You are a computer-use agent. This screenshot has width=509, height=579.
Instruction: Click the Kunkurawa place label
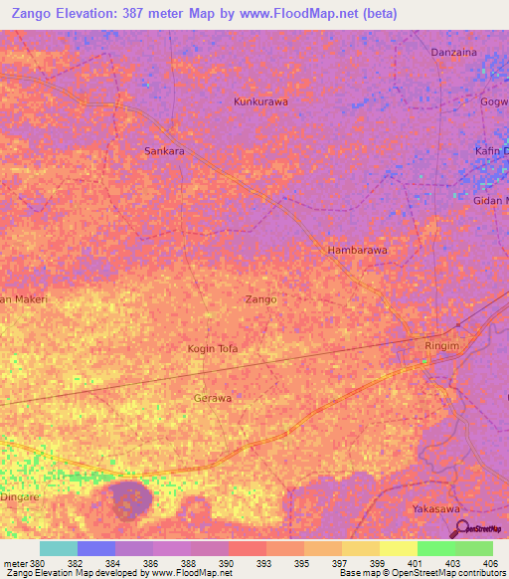click(259, 101)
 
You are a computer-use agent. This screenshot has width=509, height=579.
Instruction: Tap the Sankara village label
click(165, 151)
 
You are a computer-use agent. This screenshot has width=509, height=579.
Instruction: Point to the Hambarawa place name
click(357, 251)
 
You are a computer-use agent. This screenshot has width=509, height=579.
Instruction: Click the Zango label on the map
click(260, 298)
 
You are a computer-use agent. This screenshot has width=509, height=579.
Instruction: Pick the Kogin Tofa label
click(213, 348)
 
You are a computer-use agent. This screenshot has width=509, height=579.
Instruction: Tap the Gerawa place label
click(212, 398)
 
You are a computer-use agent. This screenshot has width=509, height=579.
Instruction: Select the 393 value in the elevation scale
click(264, 563)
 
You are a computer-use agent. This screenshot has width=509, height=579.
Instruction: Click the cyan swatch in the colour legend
click(58, 548)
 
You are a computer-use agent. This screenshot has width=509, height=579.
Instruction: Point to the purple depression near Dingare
click(127, 496)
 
